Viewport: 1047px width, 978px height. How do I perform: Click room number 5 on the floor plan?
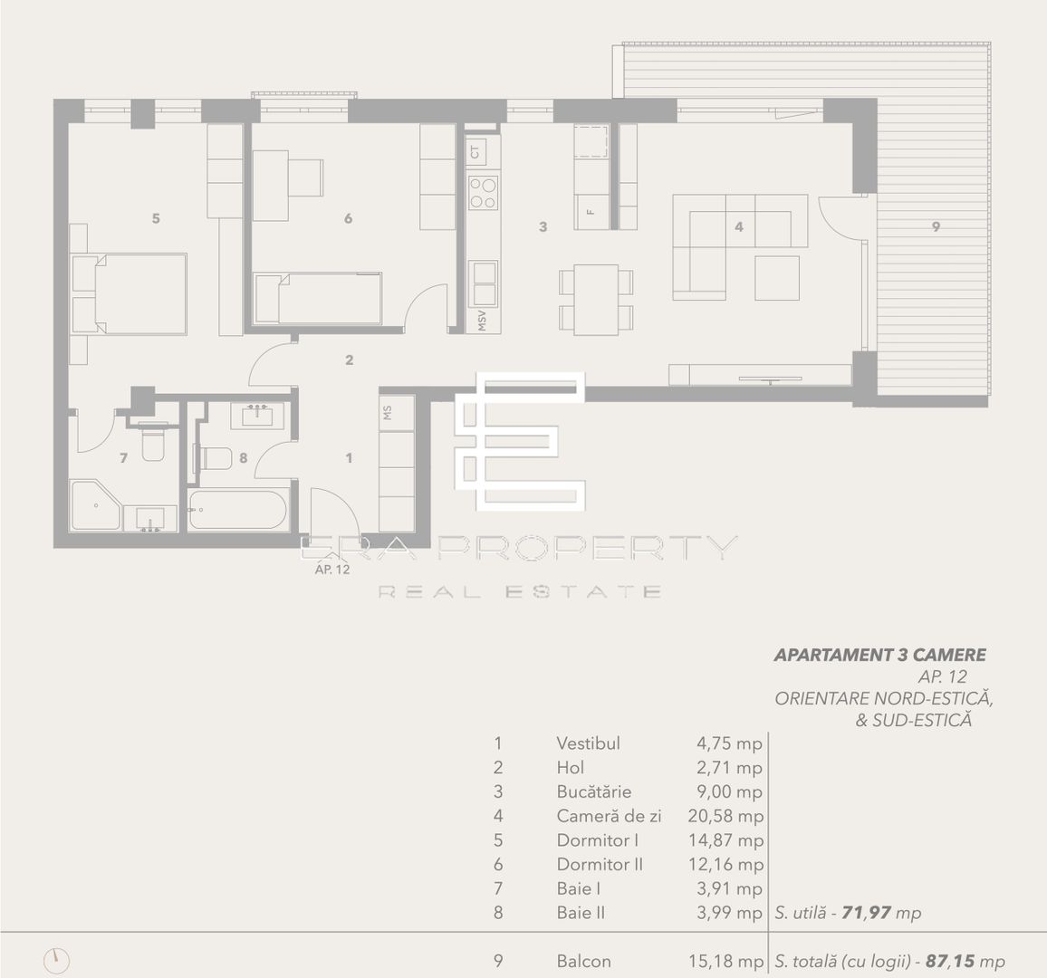(x=156, y=218)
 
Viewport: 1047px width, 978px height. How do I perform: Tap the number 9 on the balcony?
(x=936, y=227)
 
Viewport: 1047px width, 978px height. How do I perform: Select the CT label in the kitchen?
(x=475, y=151)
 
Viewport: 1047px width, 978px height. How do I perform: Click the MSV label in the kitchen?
(x=482, y=320)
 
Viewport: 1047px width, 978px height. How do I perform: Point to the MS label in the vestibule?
(x=388, y=412)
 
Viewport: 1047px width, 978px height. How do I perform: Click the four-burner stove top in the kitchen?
(x=483, y=191)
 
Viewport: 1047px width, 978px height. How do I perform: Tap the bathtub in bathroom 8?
(x=238, y=509)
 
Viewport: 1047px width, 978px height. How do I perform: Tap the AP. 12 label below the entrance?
(x=331, y=570)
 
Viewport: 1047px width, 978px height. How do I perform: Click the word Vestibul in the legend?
(x=588, y=743)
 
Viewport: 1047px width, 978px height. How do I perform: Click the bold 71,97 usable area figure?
(x=866, y=913)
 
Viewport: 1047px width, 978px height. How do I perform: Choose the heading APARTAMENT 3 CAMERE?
(x=879, y=655)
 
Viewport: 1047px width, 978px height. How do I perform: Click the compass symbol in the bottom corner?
(x=56, y=960)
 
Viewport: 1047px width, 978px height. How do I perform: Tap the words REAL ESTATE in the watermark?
(x=519, y=592)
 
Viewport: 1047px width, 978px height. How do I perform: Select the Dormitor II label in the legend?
(x=600, y=865)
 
